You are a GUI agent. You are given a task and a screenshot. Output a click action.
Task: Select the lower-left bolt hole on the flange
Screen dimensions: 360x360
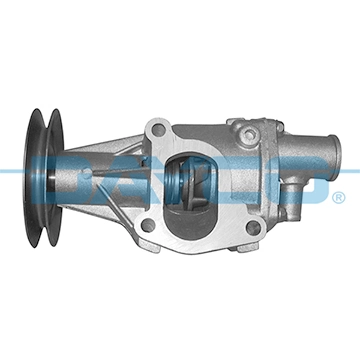click(x=147, y=225)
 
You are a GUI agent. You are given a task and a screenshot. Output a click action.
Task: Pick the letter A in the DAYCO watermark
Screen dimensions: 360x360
click(x=150, y=180)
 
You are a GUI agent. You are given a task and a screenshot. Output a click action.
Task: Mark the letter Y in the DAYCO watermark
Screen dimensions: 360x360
click(x=200, y=180)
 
